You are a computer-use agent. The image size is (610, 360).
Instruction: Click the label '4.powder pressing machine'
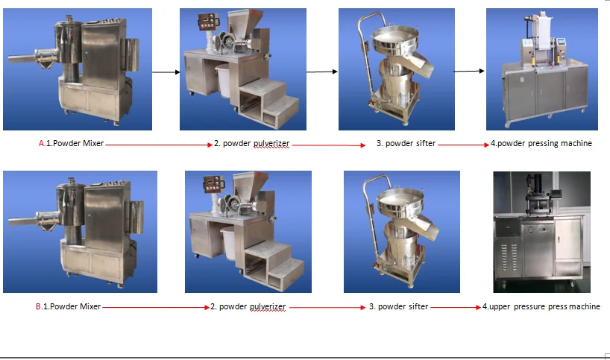pyautogui.click(x=541, y=143)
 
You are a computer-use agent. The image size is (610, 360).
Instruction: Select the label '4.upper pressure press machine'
pyautogui.click(x=541, y=306)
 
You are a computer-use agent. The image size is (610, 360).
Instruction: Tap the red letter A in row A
pyautogui.click(x=42, y=143)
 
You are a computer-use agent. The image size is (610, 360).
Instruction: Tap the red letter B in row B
pyautogui.click(x=39, y=306)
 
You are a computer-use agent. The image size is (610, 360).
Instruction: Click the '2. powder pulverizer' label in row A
pyautogui.click(x=252, y=143)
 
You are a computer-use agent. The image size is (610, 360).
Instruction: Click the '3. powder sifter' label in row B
pyautogui.click(x=399, y=306)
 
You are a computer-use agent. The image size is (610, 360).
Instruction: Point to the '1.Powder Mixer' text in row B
pyautogui.click(x=72, y=306)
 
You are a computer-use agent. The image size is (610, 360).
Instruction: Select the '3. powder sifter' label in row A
pyautogui.click(x=406, y=143)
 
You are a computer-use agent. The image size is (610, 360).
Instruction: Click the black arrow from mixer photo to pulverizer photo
pyautogui.click(x=166, y=72)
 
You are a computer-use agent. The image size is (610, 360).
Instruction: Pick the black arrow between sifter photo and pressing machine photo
pyautogui.click(x=468, y=72)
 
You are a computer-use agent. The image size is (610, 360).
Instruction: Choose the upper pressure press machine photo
pyautogui.click(x=541, y=232)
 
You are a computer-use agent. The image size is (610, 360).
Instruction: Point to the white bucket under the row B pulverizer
pyautogui.click(x=229, y=242)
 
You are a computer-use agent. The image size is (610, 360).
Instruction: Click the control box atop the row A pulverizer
pyautogui.click(x=206, y=21)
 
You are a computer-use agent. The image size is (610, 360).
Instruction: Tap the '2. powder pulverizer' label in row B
pyautogui.click(x=248, y=306)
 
